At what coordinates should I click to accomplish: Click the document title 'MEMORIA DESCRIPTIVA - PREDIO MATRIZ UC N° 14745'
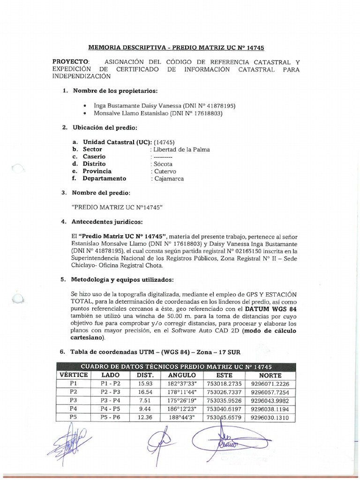pos(180,48)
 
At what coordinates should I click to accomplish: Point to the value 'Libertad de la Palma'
pos(180,149)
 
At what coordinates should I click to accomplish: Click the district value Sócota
pos(162,164)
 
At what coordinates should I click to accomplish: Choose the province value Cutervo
pos(164,171)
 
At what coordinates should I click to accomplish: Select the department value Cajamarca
pos(168,179)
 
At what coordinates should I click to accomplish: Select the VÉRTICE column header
pos(73,375)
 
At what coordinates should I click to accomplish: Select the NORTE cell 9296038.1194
pos(273,409)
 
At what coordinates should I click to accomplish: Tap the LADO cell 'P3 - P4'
pos(110,400)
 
